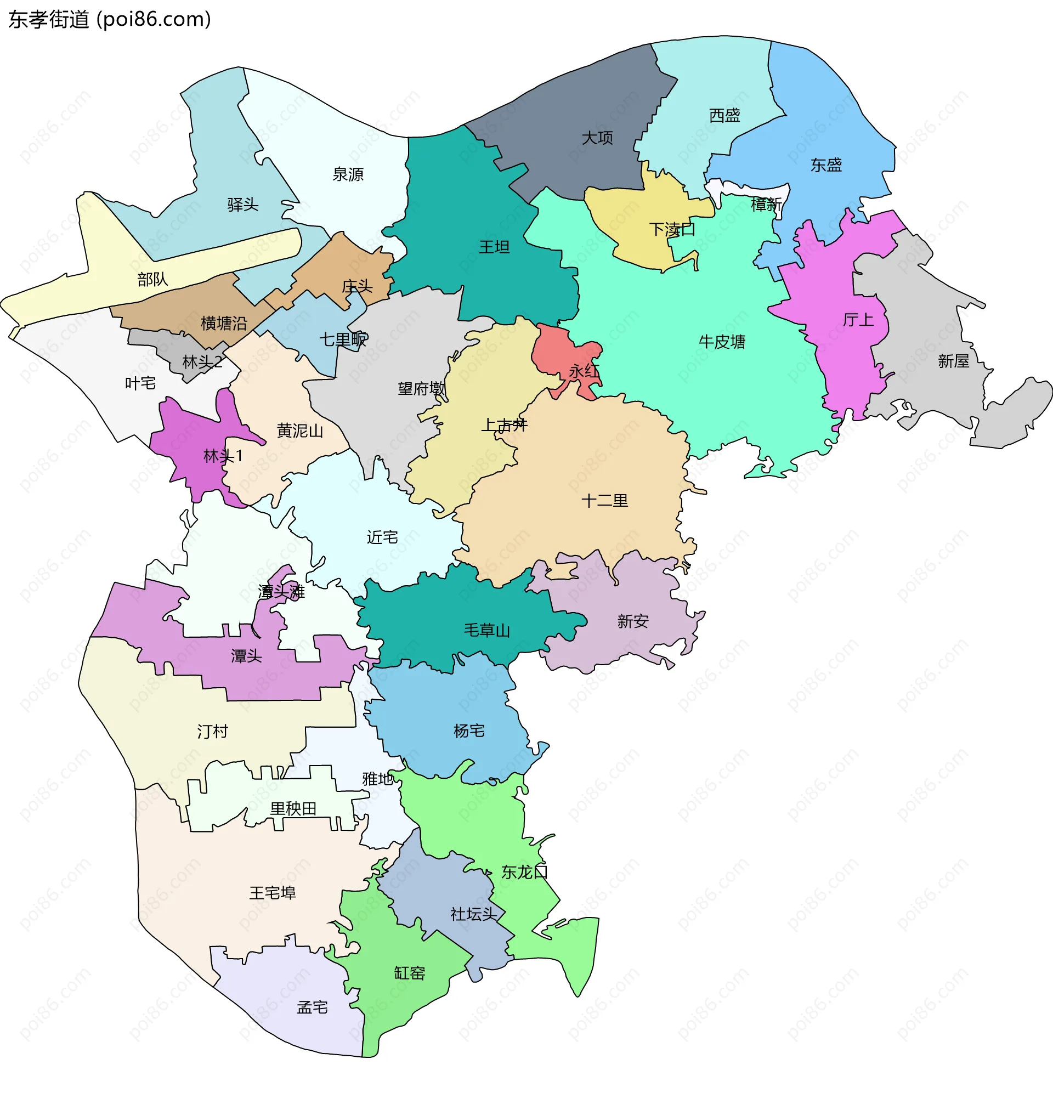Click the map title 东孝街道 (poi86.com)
[110, 20]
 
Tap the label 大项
[597, 138]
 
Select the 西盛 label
[724, 115]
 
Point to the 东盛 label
[825, 165]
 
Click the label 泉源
[348, 174]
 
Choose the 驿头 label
[242, 205]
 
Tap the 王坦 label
[494, 246]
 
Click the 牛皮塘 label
[722, 342]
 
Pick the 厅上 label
[858, 320]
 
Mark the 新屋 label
[953, 361]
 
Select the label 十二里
[604, 500]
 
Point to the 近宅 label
[382, 537]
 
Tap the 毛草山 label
[487, 630]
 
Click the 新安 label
[632, 621]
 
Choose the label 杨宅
[469, 730]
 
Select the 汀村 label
[212, 731]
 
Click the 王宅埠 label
[272, 893]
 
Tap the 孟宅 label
[312, 1007]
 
